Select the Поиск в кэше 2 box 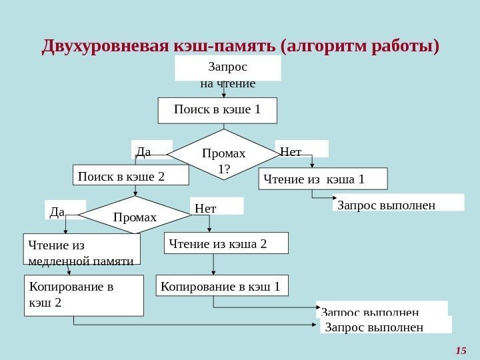(131, 175)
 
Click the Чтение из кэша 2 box (227, 243)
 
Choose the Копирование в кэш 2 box (84, 295)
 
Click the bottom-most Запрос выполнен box (386, 325)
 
